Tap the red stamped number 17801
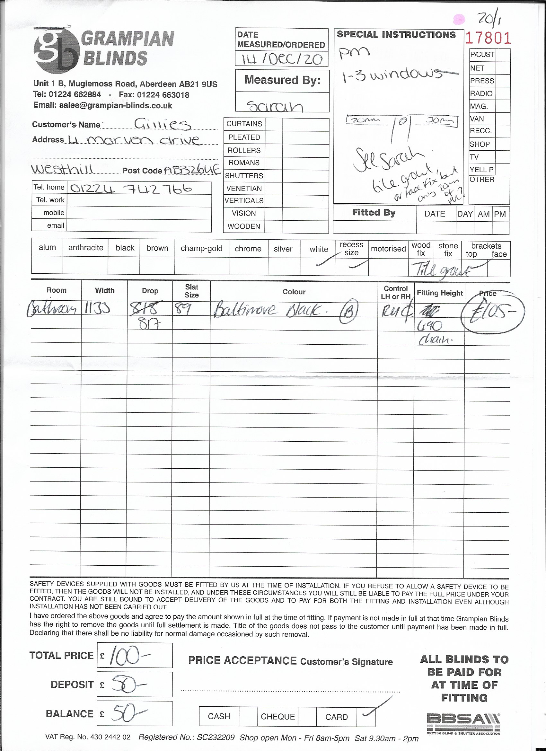click(x=488, y=38)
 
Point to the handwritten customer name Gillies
click(x=162, y=124)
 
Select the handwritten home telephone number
click(x=131, y=189)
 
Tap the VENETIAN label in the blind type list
click(x=244, y=189)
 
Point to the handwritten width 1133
click(x=97, y=309)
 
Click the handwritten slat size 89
click(x=181, y=309)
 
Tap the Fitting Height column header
click(x=439, y=293)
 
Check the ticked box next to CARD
click(x=366, y=716)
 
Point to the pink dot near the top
click(x=459, y=19)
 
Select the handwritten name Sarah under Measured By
click(x=275, y=106)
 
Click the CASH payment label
click(x=219, y=716)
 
